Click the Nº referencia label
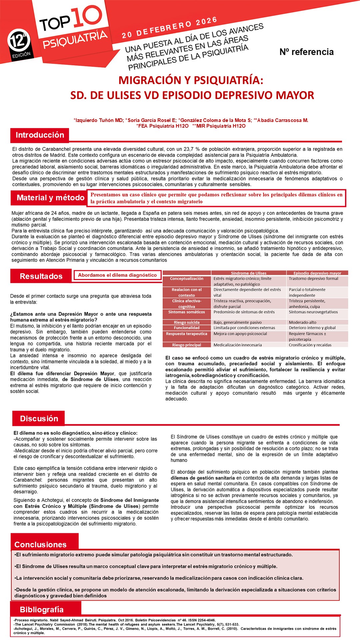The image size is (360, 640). (306, 52)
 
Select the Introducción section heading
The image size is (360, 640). (40, 135)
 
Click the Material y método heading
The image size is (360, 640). (50, 198)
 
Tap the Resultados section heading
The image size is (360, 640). (41, 276)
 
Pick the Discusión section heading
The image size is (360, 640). (39, 418)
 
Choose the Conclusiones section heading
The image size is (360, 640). (40, 544)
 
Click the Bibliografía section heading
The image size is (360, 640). (42, 609)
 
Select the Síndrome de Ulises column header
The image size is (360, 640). (249, 273)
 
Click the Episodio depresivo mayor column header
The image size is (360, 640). (317, 273)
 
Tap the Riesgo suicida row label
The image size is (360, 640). (187, 322)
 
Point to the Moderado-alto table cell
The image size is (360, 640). (303, 322)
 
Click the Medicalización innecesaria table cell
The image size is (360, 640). (238, 345)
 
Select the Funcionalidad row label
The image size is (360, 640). (187, 328)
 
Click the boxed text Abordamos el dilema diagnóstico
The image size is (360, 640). (117, 275)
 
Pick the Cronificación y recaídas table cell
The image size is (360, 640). (310, 345)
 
